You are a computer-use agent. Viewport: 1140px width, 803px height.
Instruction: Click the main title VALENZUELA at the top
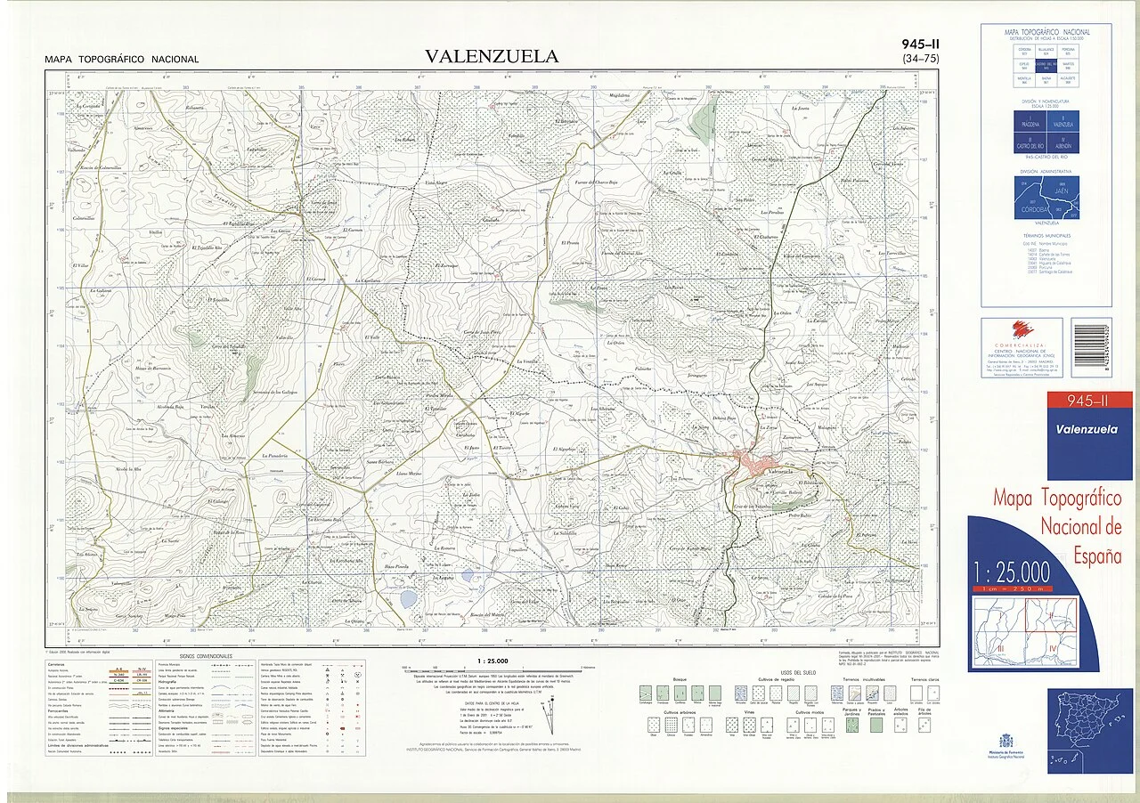pyautogui.click(x=492, y=57)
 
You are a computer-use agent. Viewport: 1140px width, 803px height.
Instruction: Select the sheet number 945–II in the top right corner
pyautogui.click(x=920, y=45)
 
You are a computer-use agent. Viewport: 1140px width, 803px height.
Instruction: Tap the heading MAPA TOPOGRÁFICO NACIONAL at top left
pyautogui.click(x=122, y=60)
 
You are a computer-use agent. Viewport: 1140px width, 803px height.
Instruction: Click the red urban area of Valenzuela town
pyautogui.click(x=748, y=461)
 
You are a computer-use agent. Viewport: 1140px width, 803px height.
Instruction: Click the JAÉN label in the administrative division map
pyautogui.click(x=1061, y=190)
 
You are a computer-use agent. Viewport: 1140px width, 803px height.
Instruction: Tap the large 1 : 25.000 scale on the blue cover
pyautogui.click(x=1011, y=571)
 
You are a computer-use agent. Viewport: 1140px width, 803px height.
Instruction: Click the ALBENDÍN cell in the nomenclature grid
pyautogui.click(x=1063, y=145)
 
